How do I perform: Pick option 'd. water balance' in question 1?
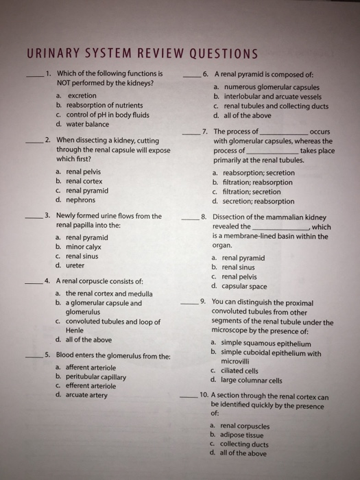click(84, 124)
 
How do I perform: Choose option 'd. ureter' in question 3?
click(73, 265)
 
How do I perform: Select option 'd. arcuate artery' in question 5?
click(83, 395)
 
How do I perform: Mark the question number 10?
click(204, 396)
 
